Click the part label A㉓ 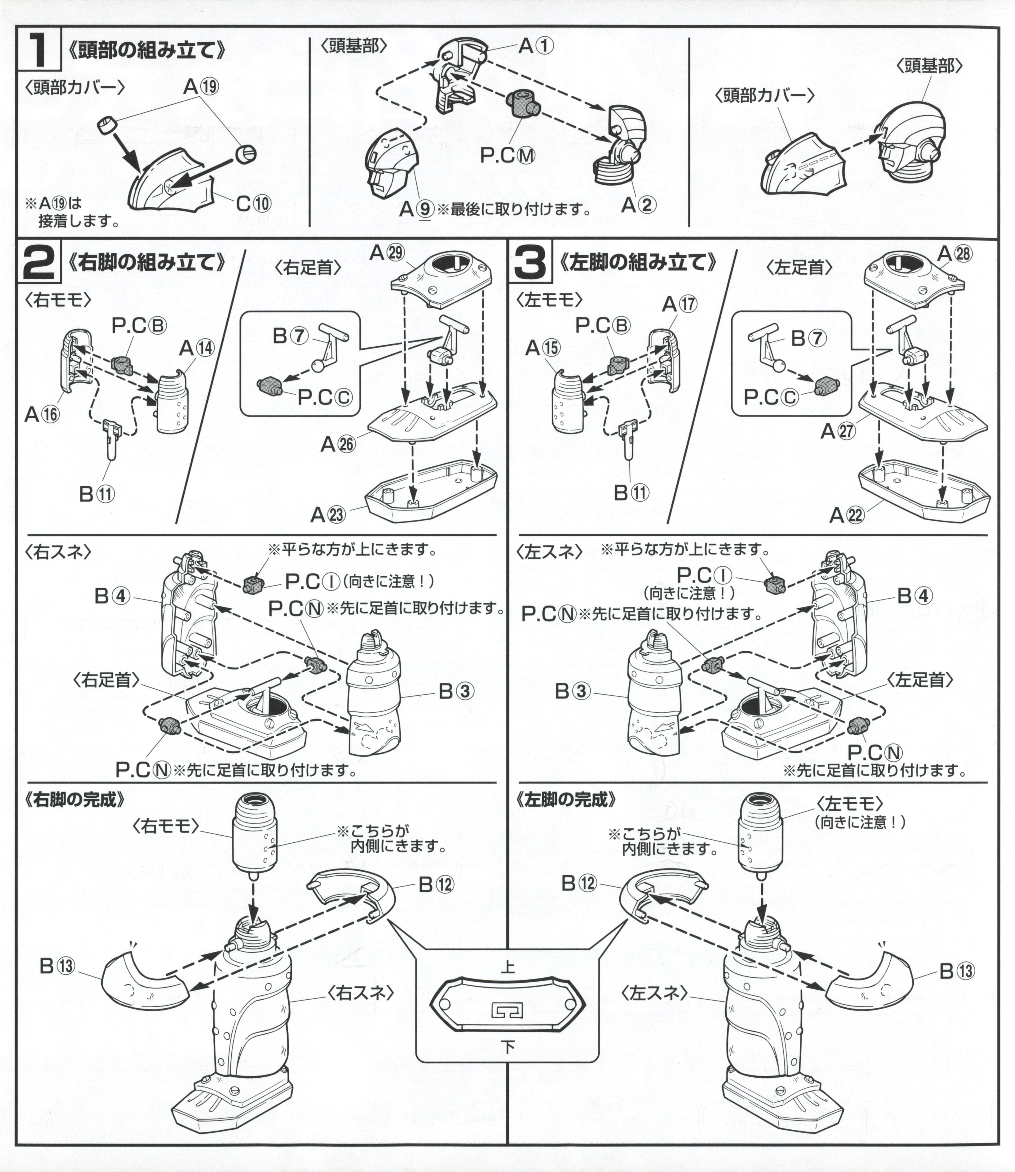click(x=327, y=514)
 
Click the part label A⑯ click(x=41, y=415)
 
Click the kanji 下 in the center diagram click(x=508, y=1047)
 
